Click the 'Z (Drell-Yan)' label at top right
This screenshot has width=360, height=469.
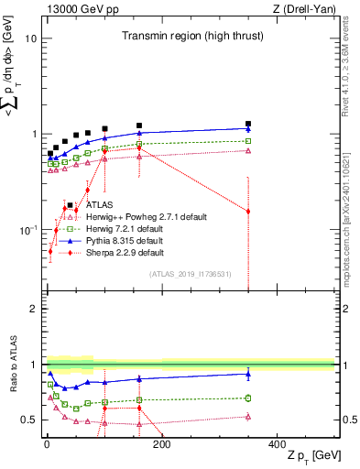coord(304,9)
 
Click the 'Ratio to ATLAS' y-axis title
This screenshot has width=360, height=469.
coord(13,366)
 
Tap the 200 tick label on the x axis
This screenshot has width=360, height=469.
coord(161,444)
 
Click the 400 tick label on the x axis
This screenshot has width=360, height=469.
coord(277,444)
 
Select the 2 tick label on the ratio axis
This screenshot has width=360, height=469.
coord(34,309)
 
